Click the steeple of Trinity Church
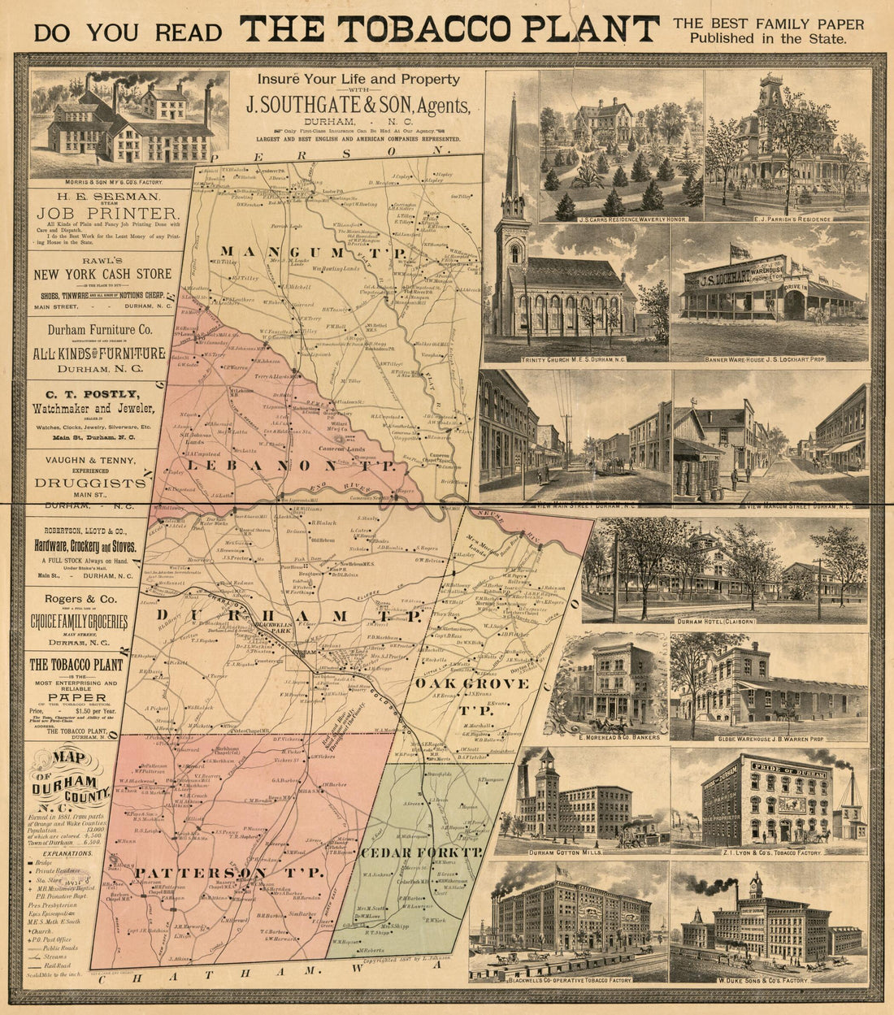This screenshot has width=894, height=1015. [x=512, y=154]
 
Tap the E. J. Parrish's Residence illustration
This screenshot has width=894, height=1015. [x=786, y=146]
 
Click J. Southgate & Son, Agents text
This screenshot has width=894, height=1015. [x=358, y=106]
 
